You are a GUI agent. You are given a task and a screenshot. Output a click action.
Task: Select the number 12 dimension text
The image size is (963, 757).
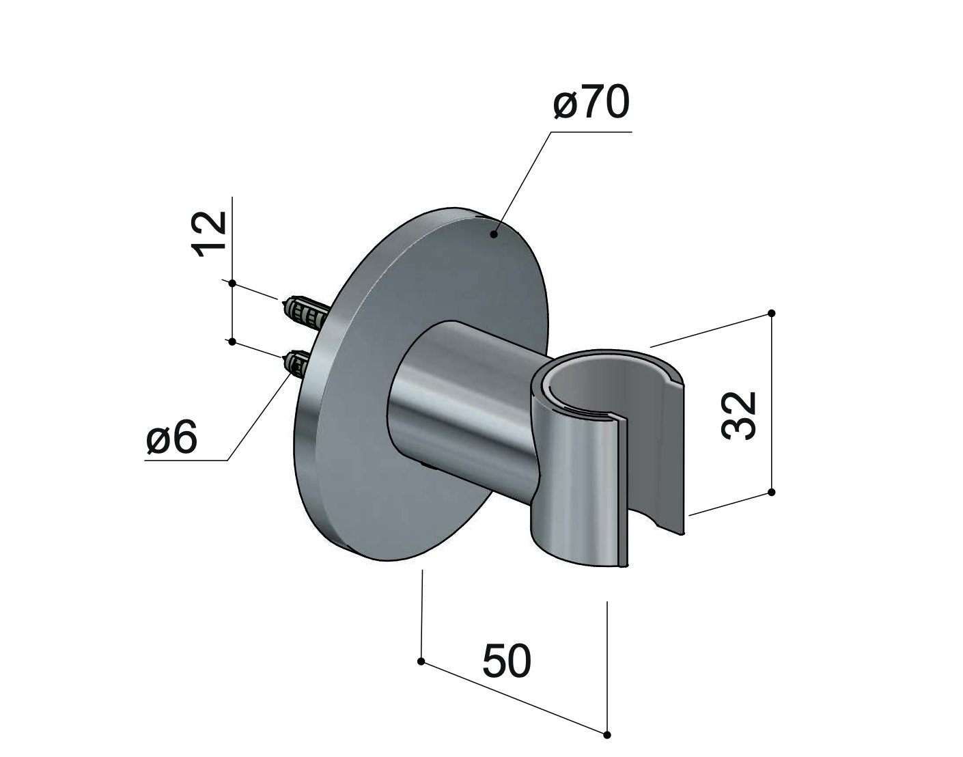click(x=208, y=233)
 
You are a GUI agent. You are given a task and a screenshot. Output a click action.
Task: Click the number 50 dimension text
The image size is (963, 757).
click(x=506, y=661)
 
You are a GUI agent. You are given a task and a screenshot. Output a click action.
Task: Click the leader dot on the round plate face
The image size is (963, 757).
click(x=493, y=234)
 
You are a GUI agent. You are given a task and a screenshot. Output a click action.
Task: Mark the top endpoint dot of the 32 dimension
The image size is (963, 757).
click(x=771, y=313)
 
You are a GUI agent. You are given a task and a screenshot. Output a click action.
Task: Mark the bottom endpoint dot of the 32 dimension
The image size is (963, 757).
click(x=771, y=492)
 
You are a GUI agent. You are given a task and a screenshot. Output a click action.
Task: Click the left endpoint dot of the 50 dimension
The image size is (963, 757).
click(x=421, y=661)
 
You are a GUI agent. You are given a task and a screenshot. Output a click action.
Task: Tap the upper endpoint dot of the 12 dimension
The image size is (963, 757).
click(x=232, y=283)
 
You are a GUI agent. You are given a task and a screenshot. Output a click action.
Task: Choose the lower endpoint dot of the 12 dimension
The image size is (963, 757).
click(x=232, y=341)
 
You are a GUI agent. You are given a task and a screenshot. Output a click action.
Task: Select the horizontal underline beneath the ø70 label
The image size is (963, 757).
click(x=591, y=132)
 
